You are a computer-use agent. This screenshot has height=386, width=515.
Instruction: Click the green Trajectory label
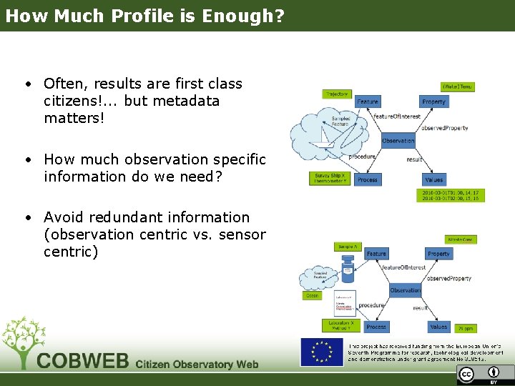pyautogui.click(x=337, y=94)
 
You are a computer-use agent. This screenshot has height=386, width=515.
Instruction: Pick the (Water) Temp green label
pyautogui.click(x=457, y=86)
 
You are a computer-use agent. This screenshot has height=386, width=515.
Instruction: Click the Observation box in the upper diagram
pyautogui.click(x=398, y=141)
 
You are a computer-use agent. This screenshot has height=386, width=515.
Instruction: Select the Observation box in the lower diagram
pyautogui.click(x=406, y=290)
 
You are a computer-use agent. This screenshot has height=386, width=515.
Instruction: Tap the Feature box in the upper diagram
pyautogui.click(x=368, y=102)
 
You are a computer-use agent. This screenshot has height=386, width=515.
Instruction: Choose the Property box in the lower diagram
pyautogui.click(x=438, y=254)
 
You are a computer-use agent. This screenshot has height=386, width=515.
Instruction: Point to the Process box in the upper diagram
pyautogui.click(x=368, y=180)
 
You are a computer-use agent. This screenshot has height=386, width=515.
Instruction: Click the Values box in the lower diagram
pyautogui.click(x=438, y=327)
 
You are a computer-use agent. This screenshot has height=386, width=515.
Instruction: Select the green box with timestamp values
pyautogui.click(x=451, y=195)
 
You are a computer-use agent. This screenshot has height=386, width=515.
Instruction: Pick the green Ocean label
pyautogui.click(x=313, y=295)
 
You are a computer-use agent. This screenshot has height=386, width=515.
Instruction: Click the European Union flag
pyautogui.click(x=321, y=352)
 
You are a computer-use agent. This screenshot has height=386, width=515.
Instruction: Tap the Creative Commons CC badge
pyautogui.click(x=466, y=375)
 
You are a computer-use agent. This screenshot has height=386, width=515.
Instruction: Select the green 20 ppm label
pyautogui.click(x=466, y=328)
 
